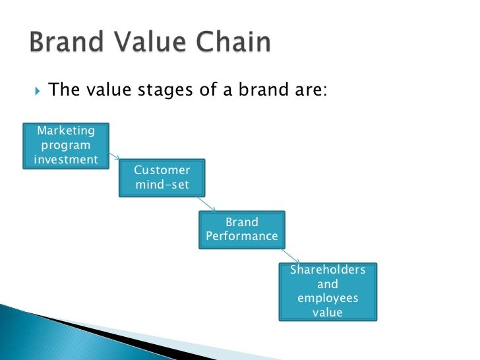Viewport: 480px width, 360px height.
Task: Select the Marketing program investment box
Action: [66, 145]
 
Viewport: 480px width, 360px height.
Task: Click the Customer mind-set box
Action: [162, 177]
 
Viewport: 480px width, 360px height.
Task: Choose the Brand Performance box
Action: [242, 229]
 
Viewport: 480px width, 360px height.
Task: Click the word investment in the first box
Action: [65, 159]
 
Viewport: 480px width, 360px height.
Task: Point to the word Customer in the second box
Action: [162, 170]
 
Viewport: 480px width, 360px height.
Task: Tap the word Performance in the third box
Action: [242, 236]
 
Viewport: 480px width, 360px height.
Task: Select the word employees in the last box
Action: [328, 298]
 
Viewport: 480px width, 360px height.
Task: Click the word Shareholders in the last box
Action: [328, 270]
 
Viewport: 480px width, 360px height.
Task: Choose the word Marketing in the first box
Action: [66, 131]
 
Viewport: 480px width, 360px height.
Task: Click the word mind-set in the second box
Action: [162, 185]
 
